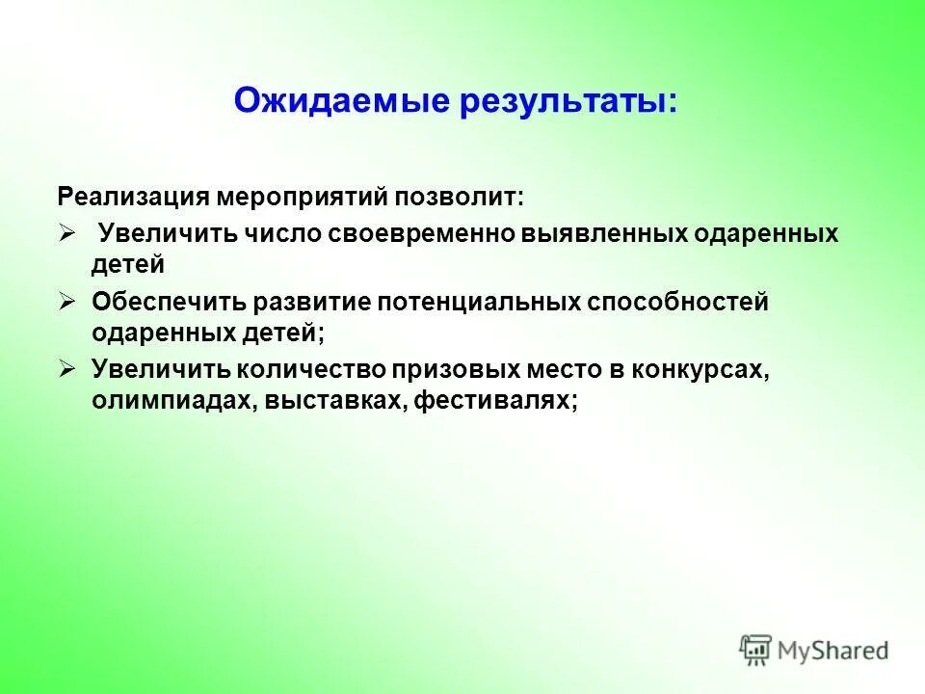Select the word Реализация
click(x=134, y=198)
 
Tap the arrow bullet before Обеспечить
click(x=67, y=302)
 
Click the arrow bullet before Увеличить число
click(x=67, y=233)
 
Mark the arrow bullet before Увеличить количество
click(x=67, y=369)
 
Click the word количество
click(x=313, y=370)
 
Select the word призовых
click(x=457, y=370)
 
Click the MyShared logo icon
click(x=756, y=649)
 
